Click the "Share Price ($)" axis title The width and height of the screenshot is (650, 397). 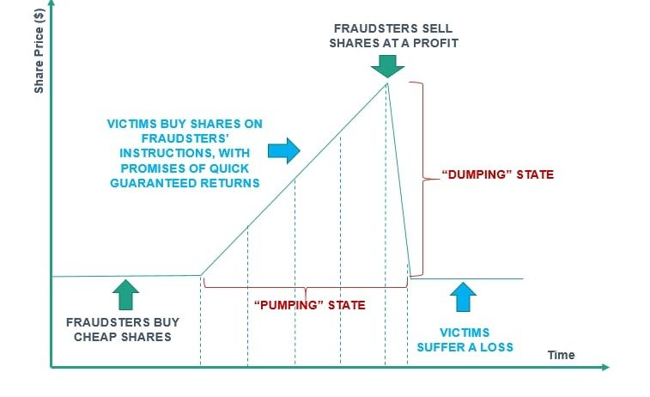(x=39, y=52)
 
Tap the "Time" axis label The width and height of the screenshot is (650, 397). (x=561, y=355)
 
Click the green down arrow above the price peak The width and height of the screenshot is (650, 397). (x=387, y=66)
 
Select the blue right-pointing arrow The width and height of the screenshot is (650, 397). (x=284, y=150)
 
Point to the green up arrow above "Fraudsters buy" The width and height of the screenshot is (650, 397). (x=125, y=295)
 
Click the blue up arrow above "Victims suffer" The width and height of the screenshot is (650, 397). (x=463, y=297)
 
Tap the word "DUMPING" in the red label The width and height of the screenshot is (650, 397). (x=477, y=174)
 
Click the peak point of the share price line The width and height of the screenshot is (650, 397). (x=387, y=83)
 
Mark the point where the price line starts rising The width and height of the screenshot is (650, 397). (x=201, y=275)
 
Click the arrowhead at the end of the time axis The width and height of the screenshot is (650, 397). (x=605, y=367)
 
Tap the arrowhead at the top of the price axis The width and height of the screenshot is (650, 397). (x=52, y=3)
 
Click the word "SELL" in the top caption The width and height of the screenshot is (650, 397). (x=437, y=28)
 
